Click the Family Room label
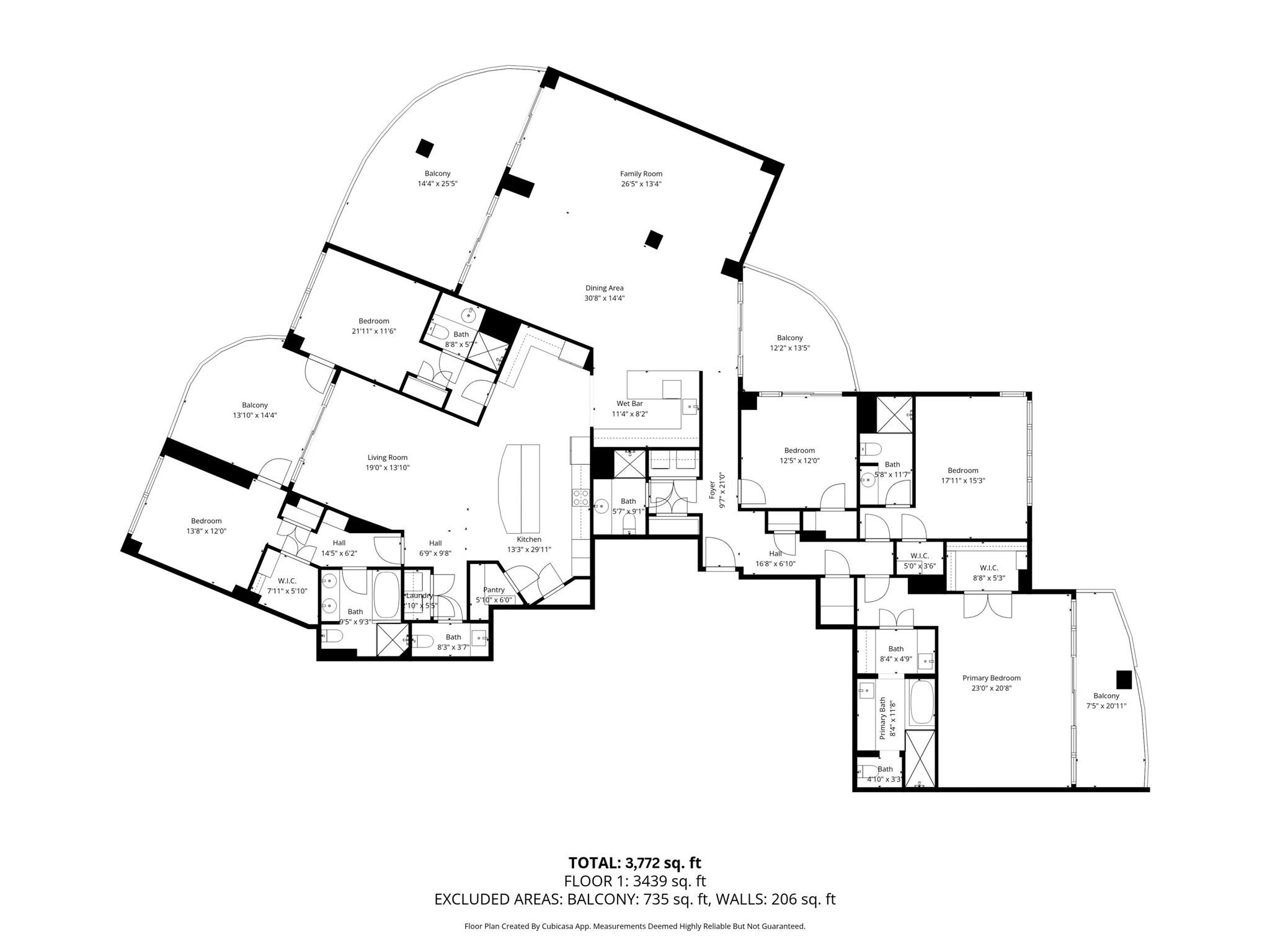[641, 174]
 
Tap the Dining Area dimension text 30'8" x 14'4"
[604, 298]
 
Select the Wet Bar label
[629, 403]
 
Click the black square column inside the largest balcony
[424, 148]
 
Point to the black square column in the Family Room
[654, 239]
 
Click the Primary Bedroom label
[991, 678]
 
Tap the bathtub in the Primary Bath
[921, 703]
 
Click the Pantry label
[494, 589]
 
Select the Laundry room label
[419, 596]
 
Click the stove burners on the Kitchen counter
[580, 496]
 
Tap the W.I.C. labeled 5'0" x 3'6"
[919, 556]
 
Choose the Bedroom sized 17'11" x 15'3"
[962, 470]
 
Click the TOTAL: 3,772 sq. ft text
[634, 863]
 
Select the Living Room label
[387, 457]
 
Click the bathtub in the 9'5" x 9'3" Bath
[387, 596]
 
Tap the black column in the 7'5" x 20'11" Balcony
[1124, 680]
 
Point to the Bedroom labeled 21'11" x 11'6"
[373, 321]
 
